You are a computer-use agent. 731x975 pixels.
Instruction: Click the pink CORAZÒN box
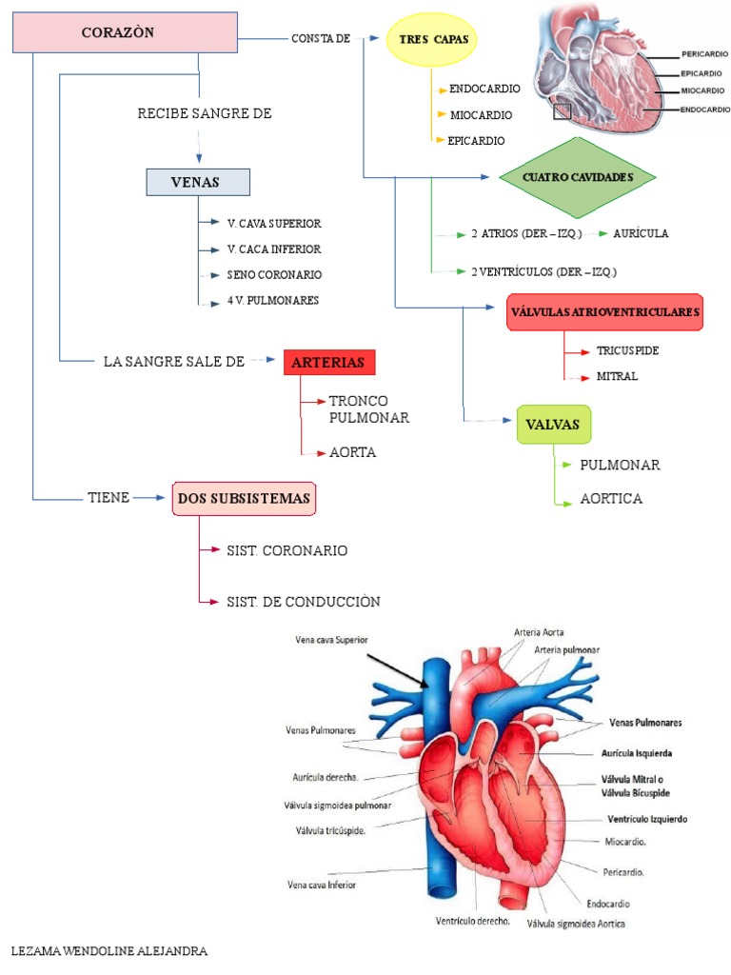point(125,32)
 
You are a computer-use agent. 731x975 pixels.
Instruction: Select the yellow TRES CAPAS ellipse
point(432,39)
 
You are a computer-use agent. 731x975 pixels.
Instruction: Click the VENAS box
point(197,182)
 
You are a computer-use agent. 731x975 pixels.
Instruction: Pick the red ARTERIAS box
point(329,363)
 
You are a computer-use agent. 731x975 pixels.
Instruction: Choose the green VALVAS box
point(553,425)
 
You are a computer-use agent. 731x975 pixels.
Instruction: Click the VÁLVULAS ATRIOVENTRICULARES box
point(605,311)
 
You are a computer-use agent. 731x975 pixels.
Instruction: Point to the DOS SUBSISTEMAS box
point(244,498)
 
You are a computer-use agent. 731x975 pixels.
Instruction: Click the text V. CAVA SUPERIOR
point(274,223)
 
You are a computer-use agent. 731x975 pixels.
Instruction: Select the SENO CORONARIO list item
point(274,274)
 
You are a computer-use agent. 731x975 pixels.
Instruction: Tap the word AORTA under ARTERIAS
point(352,452)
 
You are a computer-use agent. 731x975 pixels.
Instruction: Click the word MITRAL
point(617,376)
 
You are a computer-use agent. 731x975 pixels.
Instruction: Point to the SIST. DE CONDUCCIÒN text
point(303,601)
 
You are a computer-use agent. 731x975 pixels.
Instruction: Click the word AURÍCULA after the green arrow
point(641,232)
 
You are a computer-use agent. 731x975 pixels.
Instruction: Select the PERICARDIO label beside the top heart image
point(705,53)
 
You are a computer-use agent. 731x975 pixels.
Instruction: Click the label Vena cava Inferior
point(321,884)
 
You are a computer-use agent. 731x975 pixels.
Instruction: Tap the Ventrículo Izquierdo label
point(646,819)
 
